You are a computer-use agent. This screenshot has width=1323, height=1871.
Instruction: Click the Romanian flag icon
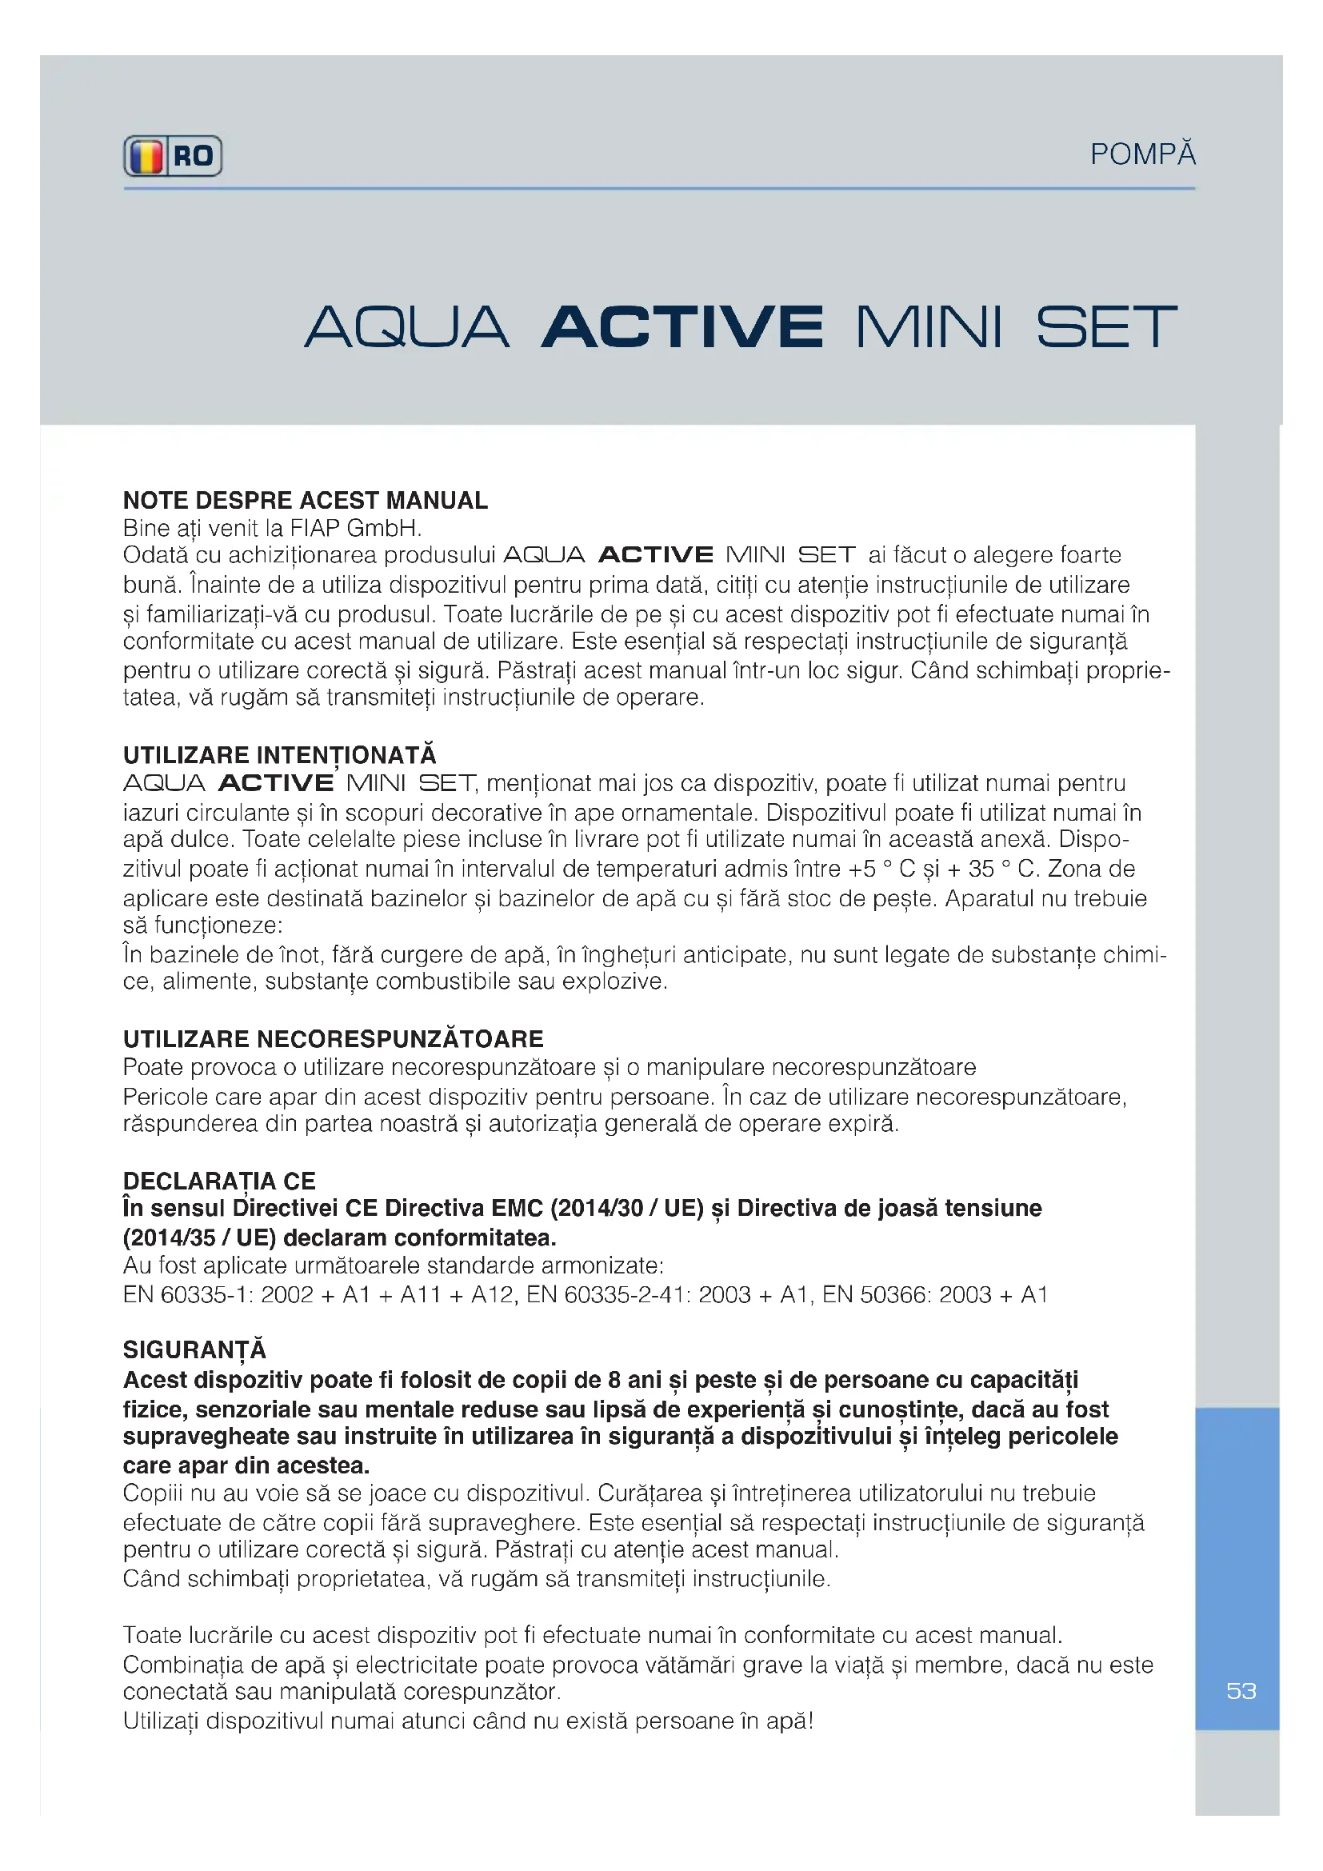(146, 156)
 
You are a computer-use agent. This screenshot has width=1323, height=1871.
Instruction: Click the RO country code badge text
(193, 156)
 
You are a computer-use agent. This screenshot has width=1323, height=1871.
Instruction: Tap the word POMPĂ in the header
(1142, 154)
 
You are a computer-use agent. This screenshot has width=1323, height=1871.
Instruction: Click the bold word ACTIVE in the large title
(681, 327)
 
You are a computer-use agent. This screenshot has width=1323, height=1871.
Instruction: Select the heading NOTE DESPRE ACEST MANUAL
(306, 499)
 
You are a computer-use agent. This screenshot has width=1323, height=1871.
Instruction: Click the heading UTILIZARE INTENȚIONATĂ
(279, 754)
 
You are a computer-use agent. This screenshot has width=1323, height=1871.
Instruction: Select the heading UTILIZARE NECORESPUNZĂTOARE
(334, 1039)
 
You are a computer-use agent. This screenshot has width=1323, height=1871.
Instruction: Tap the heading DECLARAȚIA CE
(219, 1181)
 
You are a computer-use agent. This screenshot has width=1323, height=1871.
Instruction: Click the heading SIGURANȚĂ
(194, 1349)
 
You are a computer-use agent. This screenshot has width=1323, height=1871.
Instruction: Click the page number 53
(1241, 1691)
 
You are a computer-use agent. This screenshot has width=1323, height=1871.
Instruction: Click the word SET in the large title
(1106, 327)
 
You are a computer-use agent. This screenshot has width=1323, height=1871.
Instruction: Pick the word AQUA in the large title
(407, 327)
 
